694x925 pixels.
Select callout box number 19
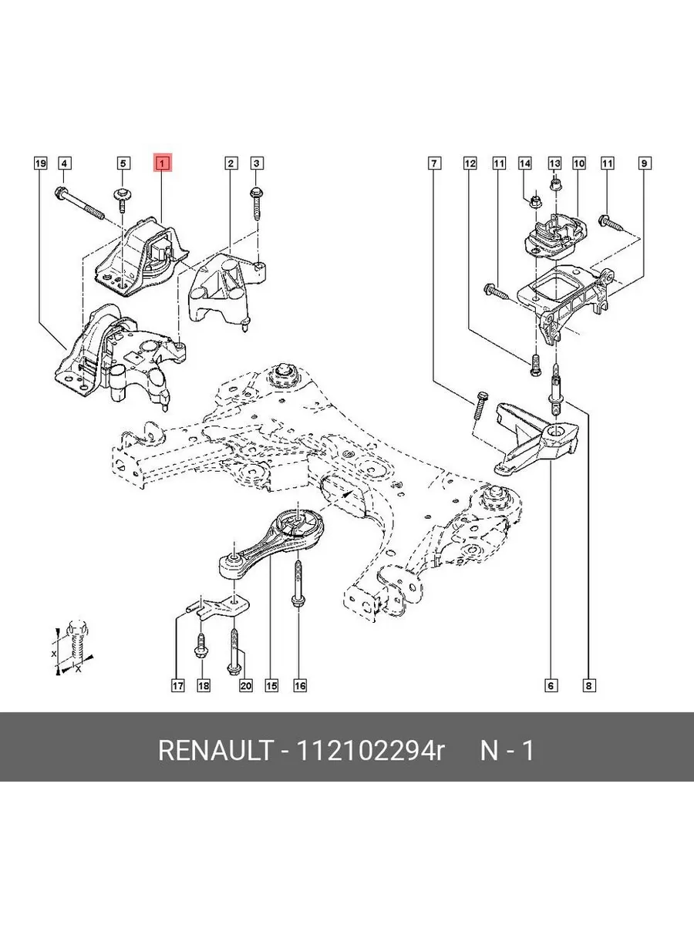point(40,163)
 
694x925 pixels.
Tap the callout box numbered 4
point(65,163)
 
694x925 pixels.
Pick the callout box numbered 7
point(435,163)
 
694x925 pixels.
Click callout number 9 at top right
point(643,163)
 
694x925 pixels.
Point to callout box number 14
point(525,163)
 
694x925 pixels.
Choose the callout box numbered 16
point(299,685)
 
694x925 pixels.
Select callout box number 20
point(246,685)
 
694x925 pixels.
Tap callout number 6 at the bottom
point(551,685)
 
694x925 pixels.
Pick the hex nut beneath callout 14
point(536,203)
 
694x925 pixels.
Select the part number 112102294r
point(365,750)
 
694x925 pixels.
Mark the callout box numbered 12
point(470,163)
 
